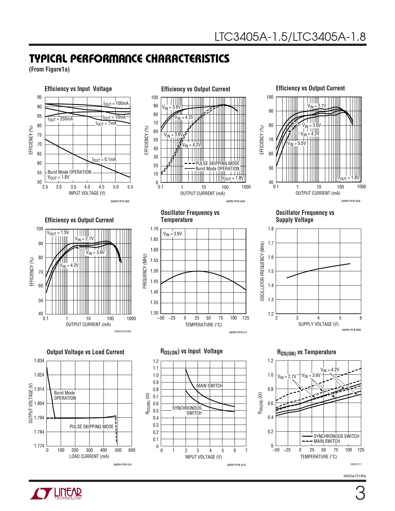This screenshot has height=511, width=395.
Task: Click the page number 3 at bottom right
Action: pos(360,493)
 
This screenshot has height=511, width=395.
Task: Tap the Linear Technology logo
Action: pos(55,494)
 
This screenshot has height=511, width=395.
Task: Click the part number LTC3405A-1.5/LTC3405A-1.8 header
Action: pos(290,37)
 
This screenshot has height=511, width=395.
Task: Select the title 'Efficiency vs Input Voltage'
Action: pos(78,89)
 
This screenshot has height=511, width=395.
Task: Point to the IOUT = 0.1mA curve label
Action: pos(104,160)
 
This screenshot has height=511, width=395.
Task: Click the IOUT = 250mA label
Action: pos(60,119)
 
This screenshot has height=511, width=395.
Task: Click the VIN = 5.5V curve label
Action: pos(296,143)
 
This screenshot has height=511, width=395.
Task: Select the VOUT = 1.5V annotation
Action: pos(58,233)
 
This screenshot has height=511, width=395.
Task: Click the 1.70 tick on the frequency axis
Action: pos(154,229)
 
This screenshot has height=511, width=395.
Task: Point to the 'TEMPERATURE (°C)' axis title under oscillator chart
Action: pos(203,325)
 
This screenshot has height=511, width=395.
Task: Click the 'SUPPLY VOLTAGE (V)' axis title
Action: pos(318,324)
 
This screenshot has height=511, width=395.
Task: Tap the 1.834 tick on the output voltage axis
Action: pos(39,361)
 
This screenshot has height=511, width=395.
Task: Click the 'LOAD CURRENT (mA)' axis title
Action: pos(89,456)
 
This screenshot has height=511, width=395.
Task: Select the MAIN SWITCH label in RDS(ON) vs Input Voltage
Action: pos(209,386)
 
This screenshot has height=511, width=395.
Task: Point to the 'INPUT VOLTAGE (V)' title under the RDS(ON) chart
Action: pos(204,457)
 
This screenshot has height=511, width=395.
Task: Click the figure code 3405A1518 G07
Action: pos(238,332)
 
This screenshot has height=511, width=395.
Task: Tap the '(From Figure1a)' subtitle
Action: pos(49,69)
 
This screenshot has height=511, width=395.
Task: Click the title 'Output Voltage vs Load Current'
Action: pos(86,352)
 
